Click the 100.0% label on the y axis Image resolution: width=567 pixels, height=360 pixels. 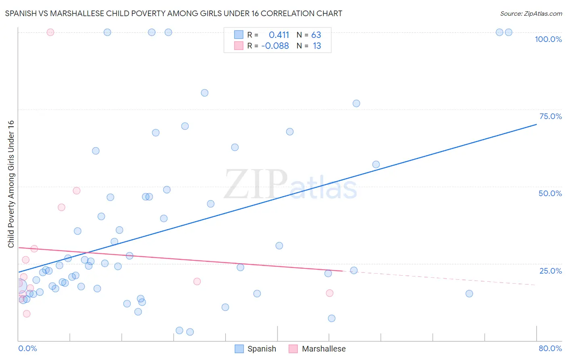[548, 39]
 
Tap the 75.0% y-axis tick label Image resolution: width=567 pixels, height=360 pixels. [550, 116]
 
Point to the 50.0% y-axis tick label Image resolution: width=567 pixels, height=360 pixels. [550, 193]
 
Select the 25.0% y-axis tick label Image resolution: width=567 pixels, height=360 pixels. [550, 270]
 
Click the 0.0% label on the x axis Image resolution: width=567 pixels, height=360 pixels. [27, 348]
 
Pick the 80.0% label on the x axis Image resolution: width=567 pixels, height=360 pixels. [550, 348]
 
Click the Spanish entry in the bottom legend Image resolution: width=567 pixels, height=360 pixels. [261, 349]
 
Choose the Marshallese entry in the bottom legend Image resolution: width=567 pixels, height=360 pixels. [323, 349]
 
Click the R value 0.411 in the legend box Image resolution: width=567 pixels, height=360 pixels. [279, 35]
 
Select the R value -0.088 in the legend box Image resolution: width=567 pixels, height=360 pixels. [275, 46]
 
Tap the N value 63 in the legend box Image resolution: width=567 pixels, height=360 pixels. [316, 35]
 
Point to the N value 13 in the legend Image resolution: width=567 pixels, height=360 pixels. [317, 46]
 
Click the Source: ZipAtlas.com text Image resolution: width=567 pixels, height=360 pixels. [531, 13]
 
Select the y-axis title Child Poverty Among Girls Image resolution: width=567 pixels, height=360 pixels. [11, 184]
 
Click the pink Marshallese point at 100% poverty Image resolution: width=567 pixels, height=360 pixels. [50, 32]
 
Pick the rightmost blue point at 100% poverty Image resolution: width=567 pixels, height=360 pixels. [509, 32]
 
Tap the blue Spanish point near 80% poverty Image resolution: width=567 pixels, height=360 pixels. [204, 93]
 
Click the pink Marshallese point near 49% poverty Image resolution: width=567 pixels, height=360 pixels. [77, 190]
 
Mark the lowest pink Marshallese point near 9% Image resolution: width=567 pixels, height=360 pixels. [27, 314]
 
